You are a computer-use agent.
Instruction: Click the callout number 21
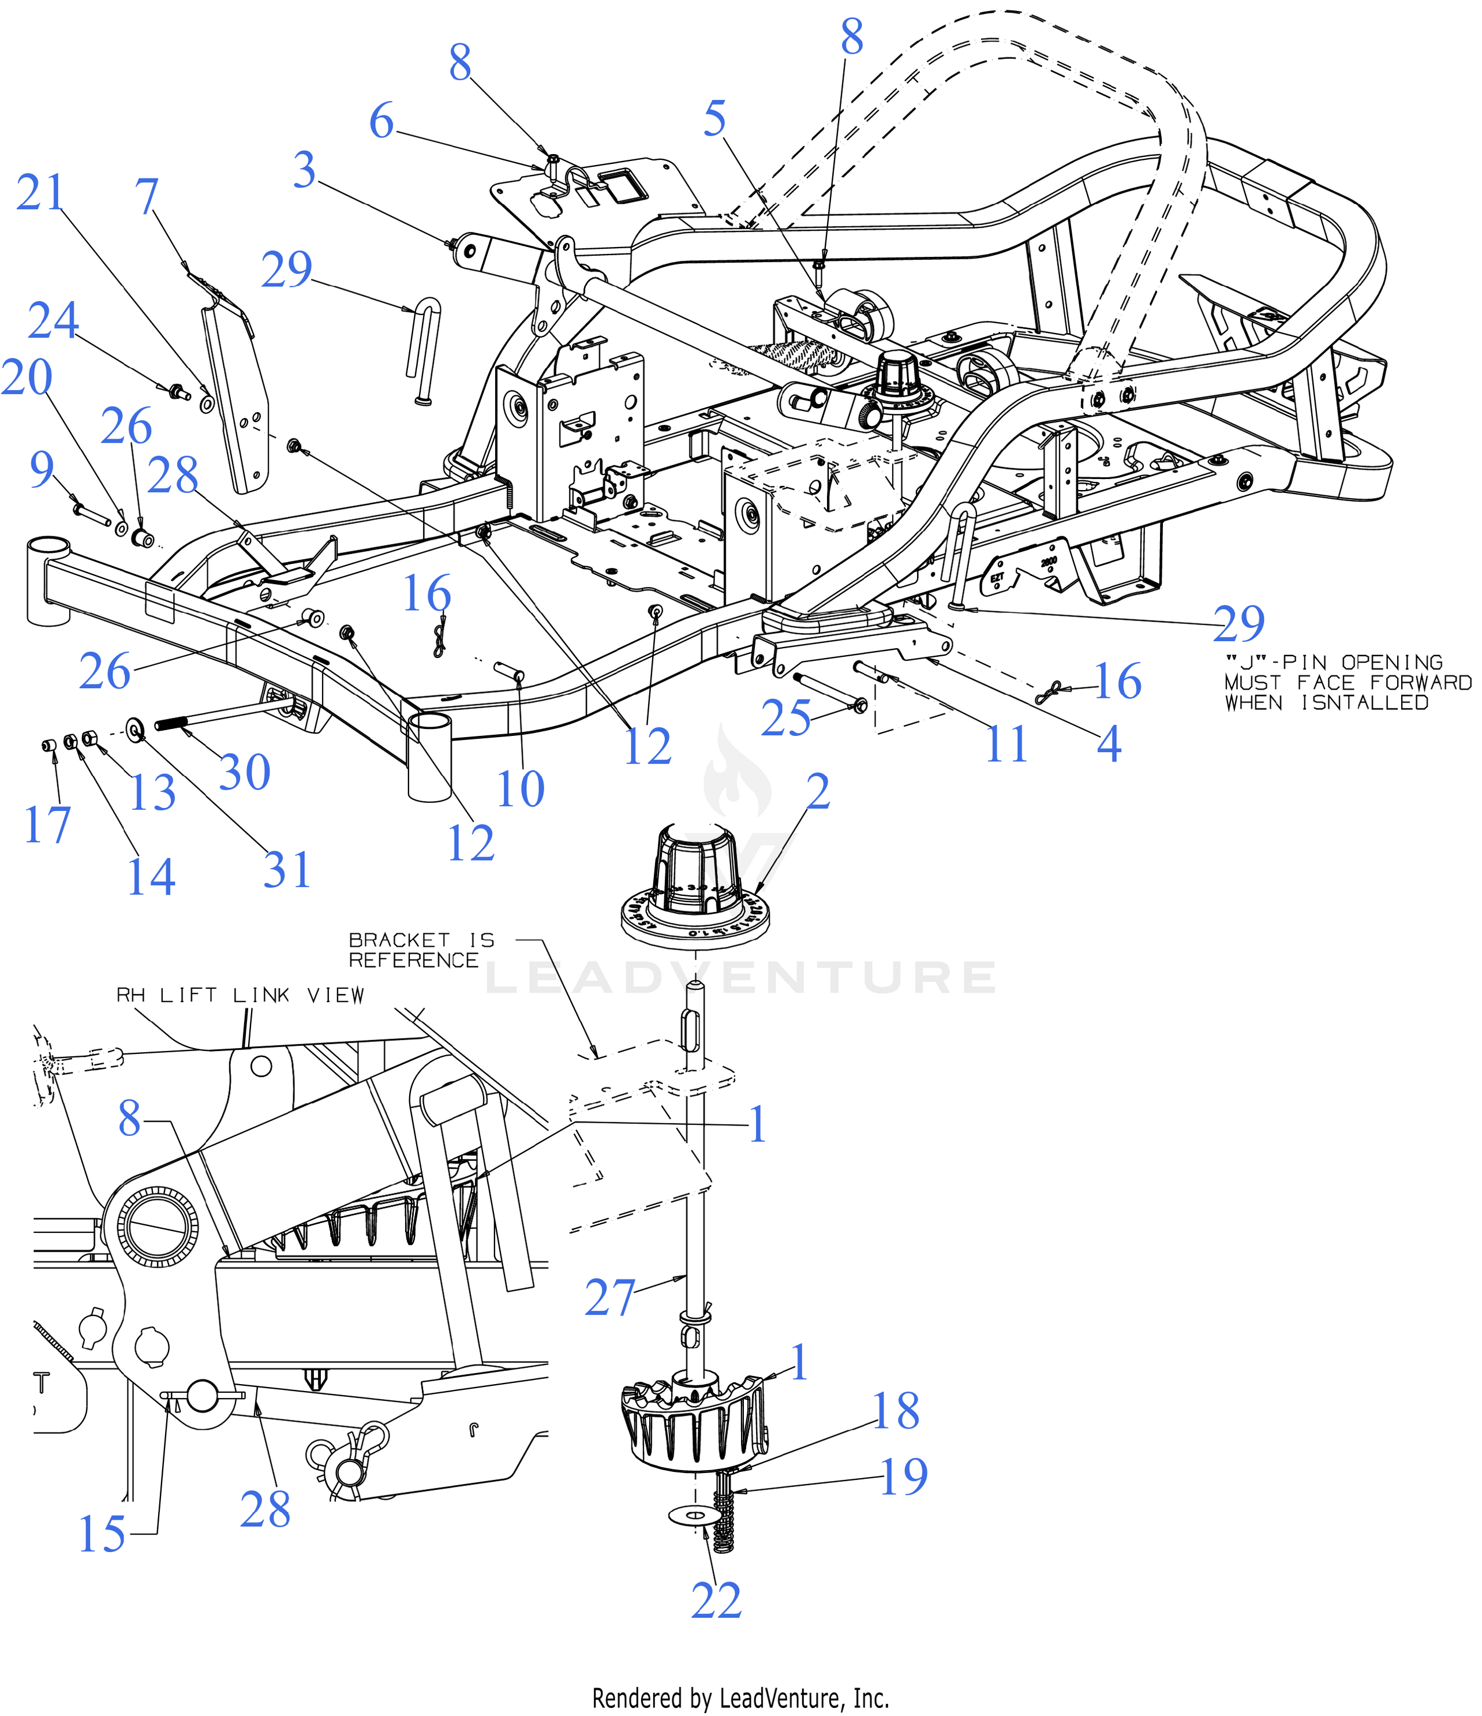[x=40, y=194]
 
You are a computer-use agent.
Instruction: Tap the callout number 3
[x=305, y=171]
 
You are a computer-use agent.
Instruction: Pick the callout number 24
[x=53, y=320]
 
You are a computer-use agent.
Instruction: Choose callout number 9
[x=42, y=470]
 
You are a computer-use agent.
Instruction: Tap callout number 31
[x=286, y=870]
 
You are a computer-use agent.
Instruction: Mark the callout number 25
[x=785, y=718]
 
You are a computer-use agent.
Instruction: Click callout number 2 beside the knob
[x=818, y=792]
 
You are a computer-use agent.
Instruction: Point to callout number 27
[x=609, y=1297]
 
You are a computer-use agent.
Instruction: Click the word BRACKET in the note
[x=399, y=940]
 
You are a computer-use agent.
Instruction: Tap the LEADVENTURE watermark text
[x=740, y=977]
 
